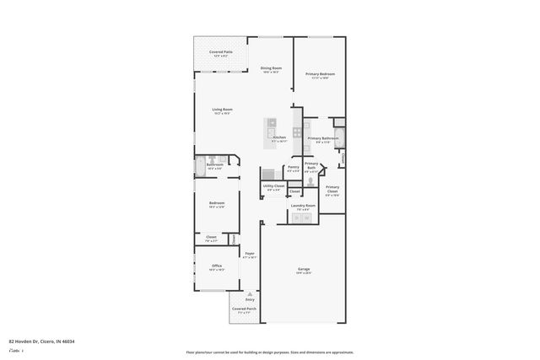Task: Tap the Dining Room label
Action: pos(271,68)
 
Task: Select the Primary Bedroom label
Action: pos(321,74)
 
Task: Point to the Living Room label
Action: pos(223,110)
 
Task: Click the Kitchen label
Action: pos(279,137)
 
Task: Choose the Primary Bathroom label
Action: pos(322,138)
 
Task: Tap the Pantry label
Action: pos(293,167)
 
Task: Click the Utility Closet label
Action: pos(273,186)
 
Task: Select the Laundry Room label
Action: pos(303,206)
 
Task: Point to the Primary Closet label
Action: pos(332,188)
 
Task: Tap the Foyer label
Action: pos(250,254)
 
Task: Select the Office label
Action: pos(217,267)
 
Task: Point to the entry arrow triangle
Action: pos(250,293)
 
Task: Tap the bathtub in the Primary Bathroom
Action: pos(341,157)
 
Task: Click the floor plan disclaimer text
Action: pos(270,352)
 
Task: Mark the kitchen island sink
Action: pos(274,122)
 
